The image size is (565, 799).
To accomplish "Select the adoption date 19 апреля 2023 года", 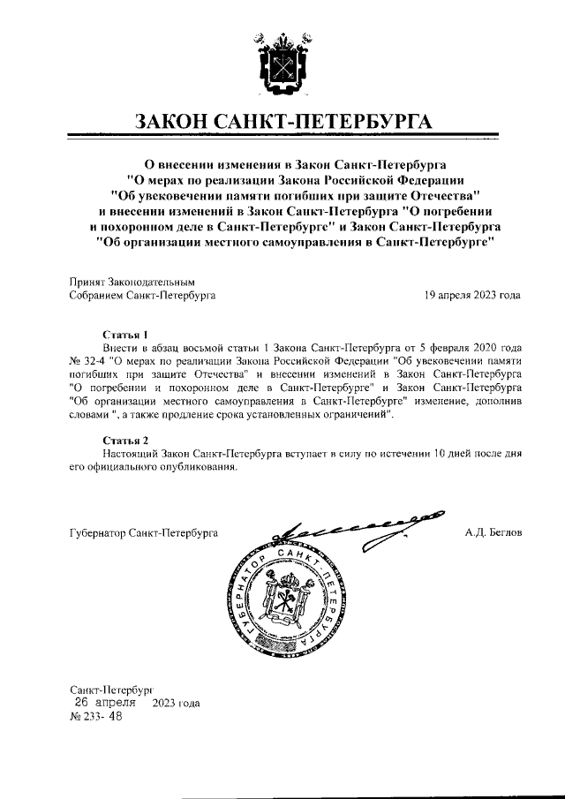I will pos(472,296).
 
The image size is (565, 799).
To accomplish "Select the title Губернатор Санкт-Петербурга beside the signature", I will pos(143,533).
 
